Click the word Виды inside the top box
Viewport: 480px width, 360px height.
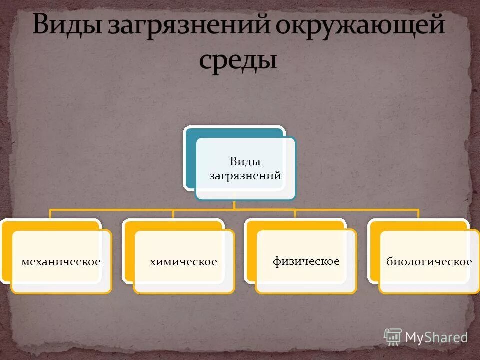coord(245,161)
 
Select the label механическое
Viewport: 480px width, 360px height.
coord(61,262)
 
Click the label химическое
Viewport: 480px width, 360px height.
coord(183,262)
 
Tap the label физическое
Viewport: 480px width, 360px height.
coord(306,261)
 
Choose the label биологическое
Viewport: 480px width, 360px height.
coord(429,262)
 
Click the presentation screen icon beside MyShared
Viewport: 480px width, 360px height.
coord(393,337)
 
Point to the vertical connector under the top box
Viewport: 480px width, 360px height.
coord(234,205)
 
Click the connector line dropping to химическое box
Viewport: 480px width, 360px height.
coord(173,214)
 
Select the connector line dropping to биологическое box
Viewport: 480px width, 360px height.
coord(418,214)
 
